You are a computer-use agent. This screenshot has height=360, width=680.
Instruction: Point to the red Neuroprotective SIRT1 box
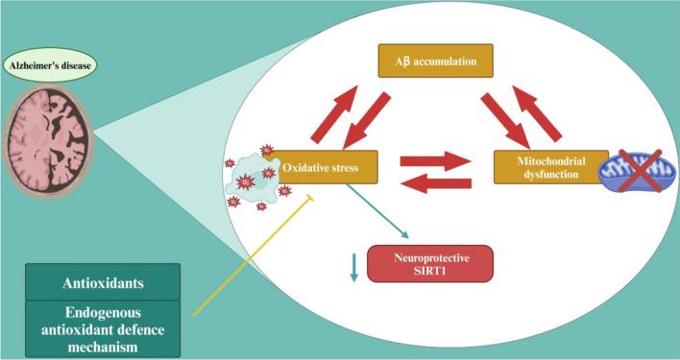[x=431, y=264]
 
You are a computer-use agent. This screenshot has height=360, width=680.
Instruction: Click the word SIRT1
[x=431, y=273]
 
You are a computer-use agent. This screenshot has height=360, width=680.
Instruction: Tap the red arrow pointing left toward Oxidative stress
[x=435, y=182]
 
